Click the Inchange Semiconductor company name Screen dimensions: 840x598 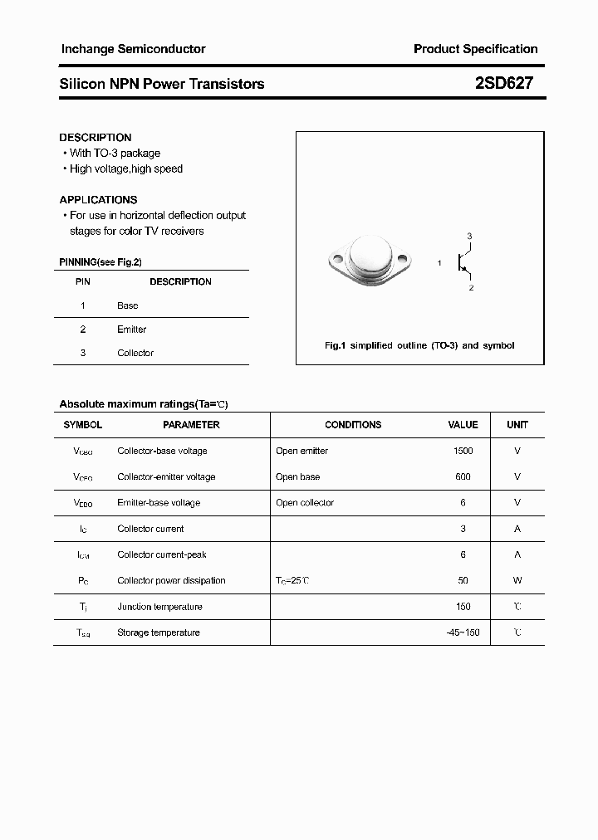(133, 49)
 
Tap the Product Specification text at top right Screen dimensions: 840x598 (475, 49)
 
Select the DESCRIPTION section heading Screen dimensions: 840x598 (96, 137)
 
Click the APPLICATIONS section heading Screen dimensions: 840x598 (98, 199)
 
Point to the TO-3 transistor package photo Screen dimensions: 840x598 (368, 261)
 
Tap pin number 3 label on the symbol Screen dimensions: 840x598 (469, 237)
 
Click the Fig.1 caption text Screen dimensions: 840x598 (419, 345)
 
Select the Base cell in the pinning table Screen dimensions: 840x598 (127, 305)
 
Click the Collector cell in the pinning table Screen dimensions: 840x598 (135, 353)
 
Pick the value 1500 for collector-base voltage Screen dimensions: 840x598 (463, 451)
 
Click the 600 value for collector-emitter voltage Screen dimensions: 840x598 (463, 476)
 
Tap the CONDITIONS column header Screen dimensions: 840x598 (353, 424)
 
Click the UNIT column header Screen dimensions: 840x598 (517, 424)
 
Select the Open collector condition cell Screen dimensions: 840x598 (305, 502)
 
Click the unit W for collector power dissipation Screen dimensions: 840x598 (517, 580)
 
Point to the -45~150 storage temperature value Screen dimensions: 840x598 (463, 632)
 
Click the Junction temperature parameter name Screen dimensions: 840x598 (159, 607)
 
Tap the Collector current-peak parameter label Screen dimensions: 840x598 (162, 554)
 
